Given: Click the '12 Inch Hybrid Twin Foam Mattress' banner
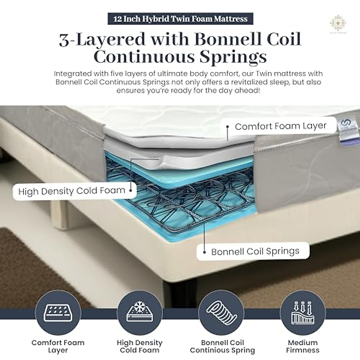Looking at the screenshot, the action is coord(180,19).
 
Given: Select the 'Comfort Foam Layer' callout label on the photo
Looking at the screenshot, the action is coord(280,126).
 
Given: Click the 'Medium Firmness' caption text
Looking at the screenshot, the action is coord(302,346).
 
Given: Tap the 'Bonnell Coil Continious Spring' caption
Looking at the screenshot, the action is coord(222,346).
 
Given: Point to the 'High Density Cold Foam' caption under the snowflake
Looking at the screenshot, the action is coord(140,346).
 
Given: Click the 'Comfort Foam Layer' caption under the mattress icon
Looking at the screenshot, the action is coord(58,346).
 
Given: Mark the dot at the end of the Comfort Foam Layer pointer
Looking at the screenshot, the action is coord(228,127).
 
